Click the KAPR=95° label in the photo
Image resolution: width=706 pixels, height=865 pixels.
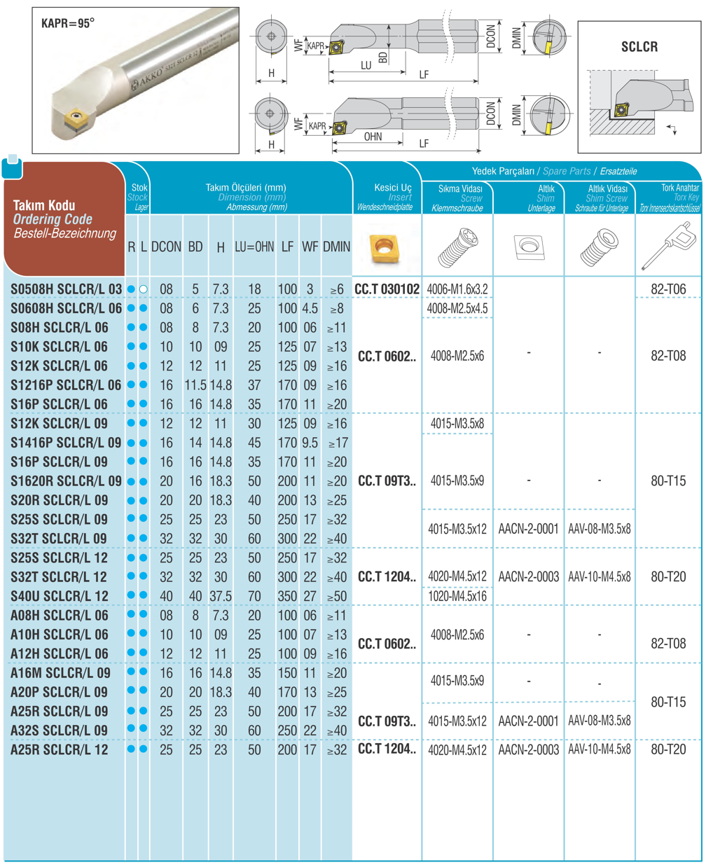pyautogui.click(x=68, y=23)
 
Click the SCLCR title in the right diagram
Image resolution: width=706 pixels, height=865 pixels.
pyautogui.click(x=639, y=47)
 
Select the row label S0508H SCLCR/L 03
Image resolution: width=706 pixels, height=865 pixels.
pyautogui.click(x=67, y=289)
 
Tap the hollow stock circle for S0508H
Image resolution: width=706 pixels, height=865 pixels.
pyautogui.click(x=144, y=289)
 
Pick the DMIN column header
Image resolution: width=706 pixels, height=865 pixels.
pyautogui.click(x=337, y=247)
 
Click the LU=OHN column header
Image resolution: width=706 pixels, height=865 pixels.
pyautogui.click(x=254, y=247)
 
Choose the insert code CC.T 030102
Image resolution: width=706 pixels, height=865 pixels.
pyautogui.click(x=387, y=289)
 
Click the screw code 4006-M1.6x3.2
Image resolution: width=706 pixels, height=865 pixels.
pyautogui.click(x=457, y=289)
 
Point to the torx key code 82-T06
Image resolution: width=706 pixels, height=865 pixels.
pyautogui.click(x=668, y=289)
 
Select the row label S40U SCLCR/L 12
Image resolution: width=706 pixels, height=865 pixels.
pyautogui.click(x=60, y=596)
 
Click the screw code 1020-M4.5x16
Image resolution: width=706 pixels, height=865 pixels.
pyautogui.click(x=457, y=596)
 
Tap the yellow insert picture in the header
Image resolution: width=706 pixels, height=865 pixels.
pyautogui.click(x=382, y=247)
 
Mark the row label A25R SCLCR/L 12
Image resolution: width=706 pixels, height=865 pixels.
pyautogui.click(x=60, y=749)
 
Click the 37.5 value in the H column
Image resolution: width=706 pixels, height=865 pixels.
pyautogui.click(x=221, y=596)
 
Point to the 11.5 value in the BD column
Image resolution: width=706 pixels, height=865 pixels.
pyautogui.click(x=195, y=385)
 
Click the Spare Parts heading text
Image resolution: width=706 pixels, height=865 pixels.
pyautogui.click(x=567, y=171)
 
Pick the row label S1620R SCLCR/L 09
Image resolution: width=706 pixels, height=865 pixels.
pyautogui.click(x=67, y=481)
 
